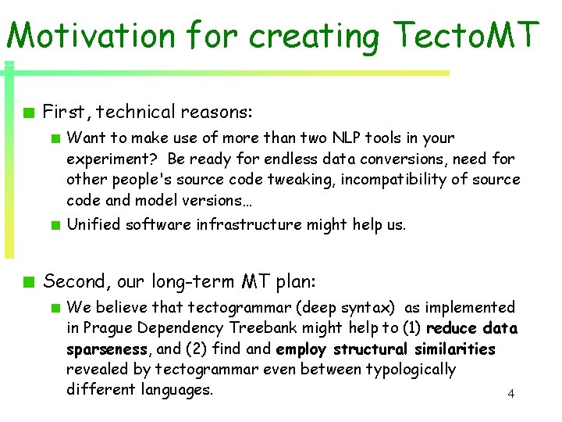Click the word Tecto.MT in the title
tap(467, 35)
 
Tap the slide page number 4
tap(510, 393)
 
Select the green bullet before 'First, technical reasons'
tap(28, 112)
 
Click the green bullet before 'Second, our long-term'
tap(28, 281)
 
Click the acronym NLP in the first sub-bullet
tap(343, 138)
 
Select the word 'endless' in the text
tap(292, 159)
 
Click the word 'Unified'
tap(93, 224)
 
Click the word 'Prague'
tap(112, 328)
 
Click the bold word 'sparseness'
tap(107, 349)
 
